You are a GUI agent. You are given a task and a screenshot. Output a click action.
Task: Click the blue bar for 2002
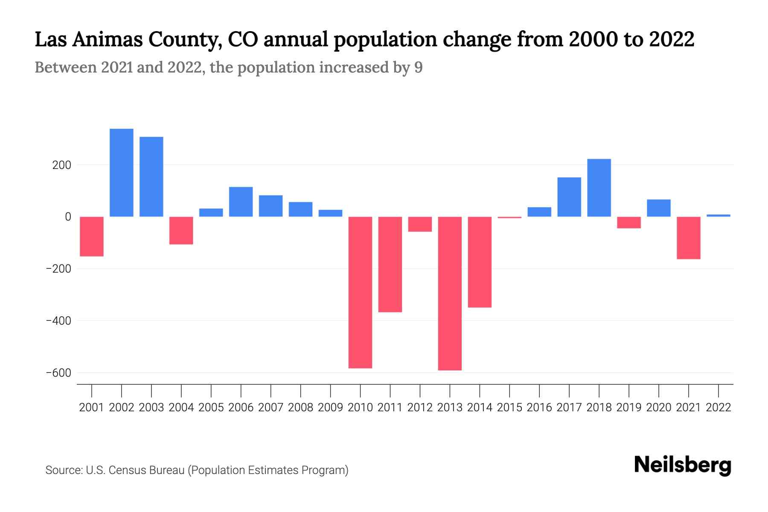pos(122,173)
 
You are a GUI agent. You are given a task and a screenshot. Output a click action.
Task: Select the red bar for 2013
pos(450,294)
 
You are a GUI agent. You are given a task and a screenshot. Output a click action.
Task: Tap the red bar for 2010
pos(360,292)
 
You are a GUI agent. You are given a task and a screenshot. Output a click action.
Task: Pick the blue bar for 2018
pos(599,188)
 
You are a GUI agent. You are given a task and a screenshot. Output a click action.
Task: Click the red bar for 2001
pos(92,236)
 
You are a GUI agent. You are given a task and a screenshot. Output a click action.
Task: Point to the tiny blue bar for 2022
pos(718,215)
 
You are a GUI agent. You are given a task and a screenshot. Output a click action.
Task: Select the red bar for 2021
pos(688,238)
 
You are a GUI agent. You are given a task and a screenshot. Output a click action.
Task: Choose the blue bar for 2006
pos(241,202)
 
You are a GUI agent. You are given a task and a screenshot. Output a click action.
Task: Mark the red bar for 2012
pos(420,224)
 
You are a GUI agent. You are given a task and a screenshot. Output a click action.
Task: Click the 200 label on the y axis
pos(61,165)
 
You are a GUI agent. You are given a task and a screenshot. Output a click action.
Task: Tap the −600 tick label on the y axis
pos(58,373)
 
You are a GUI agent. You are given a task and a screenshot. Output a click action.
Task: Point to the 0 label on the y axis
pos(68,217)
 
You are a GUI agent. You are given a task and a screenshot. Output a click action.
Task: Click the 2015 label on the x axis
pos(509,407)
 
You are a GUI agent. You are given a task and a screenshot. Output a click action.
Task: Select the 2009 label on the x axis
pos(330,407)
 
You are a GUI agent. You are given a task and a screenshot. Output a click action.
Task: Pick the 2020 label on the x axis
pos(658,407)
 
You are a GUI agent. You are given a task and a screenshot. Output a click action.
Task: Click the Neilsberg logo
pos(683,465)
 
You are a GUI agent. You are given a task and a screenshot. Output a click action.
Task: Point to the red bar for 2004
pos(181,230)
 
